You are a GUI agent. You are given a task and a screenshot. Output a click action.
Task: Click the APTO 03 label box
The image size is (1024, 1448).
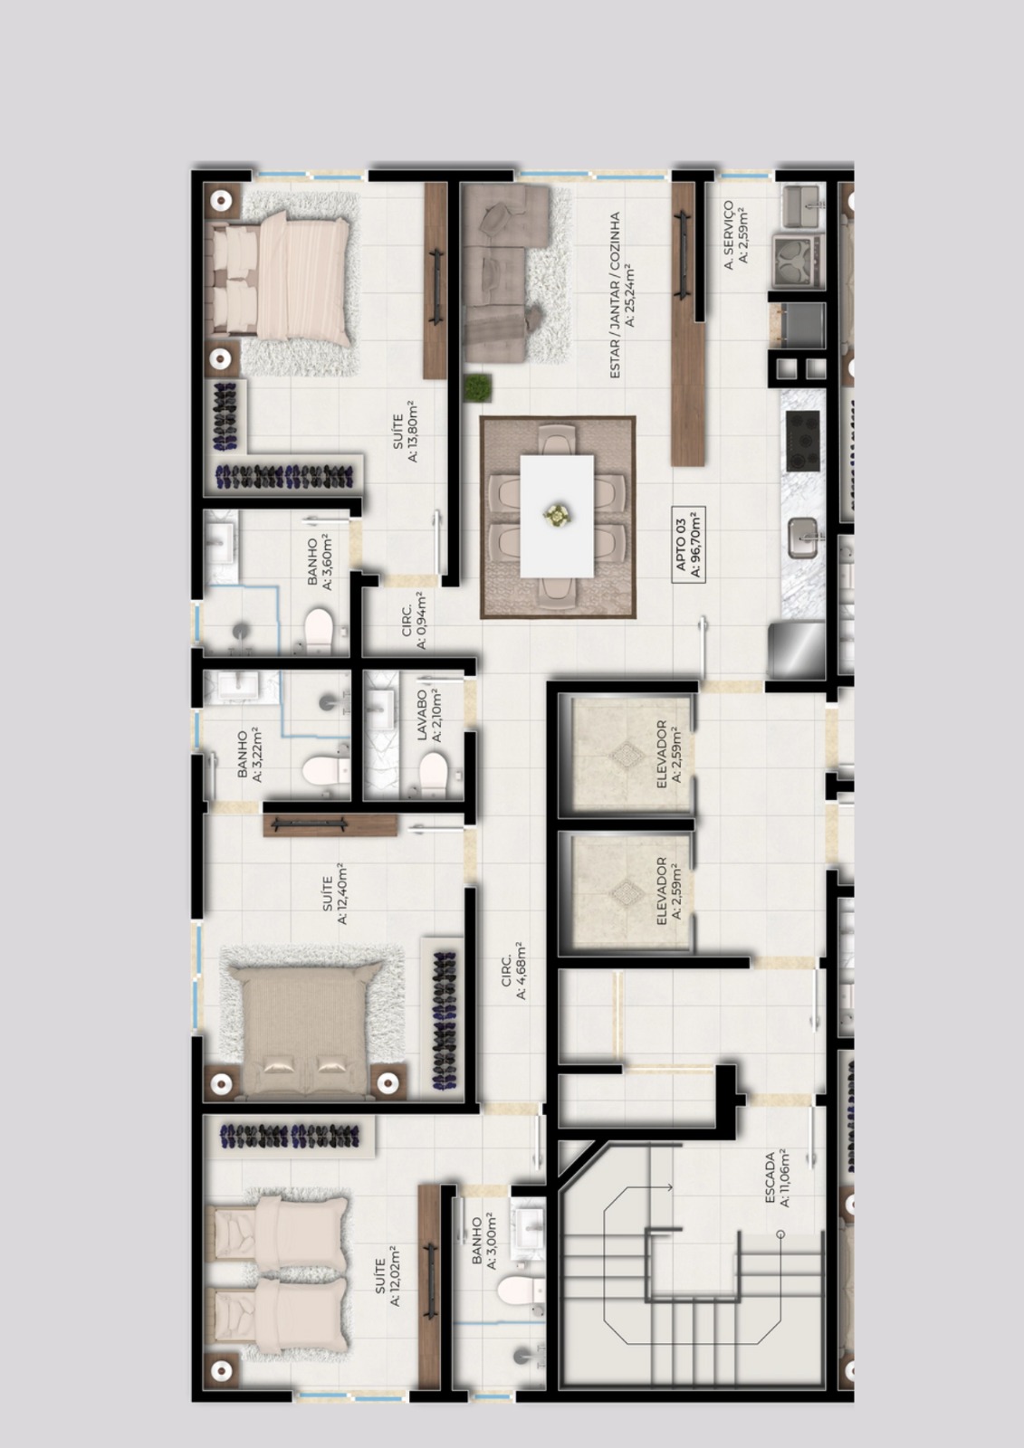(x=688, y=544)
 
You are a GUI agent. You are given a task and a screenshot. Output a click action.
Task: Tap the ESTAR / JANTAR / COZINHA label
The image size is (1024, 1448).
(x=621, y=295)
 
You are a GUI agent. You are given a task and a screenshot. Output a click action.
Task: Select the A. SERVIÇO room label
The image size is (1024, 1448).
(x=735, y=234)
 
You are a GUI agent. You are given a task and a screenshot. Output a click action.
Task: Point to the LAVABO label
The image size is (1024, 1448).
(x=428, y=715)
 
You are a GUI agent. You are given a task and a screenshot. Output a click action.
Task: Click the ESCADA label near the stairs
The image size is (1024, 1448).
(x=776, y=1177)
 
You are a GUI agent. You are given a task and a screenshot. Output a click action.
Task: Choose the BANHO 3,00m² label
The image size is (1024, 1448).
(x=484, y=1243)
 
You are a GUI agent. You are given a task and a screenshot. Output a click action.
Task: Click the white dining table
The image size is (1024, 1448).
(x=557, y=516)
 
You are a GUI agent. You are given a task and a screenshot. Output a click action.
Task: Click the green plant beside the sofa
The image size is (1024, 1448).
(x=477, y=388)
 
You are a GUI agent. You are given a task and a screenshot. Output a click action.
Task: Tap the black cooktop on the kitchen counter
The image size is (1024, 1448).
(x=803, y=441)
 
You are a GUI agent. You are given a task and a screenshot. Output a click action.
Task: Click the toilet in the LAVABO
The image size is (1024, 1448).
(x=434, y=773)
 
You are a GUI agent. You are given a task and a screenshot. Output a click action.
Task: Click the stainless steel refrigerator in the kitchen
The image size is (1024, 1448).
(x=797, y=650)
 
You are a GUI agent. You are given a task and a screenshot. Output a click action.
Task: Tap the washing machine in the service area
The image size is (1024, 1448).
(x=798, y=262)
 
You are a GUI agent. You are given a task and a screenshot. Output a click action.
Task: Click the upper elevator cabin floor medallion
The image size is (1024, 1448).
(x=627, y=754)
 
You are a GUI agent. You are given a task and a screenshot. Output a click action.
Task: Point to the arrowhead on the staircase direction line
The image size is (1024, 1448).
(x=669, y=1187)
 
